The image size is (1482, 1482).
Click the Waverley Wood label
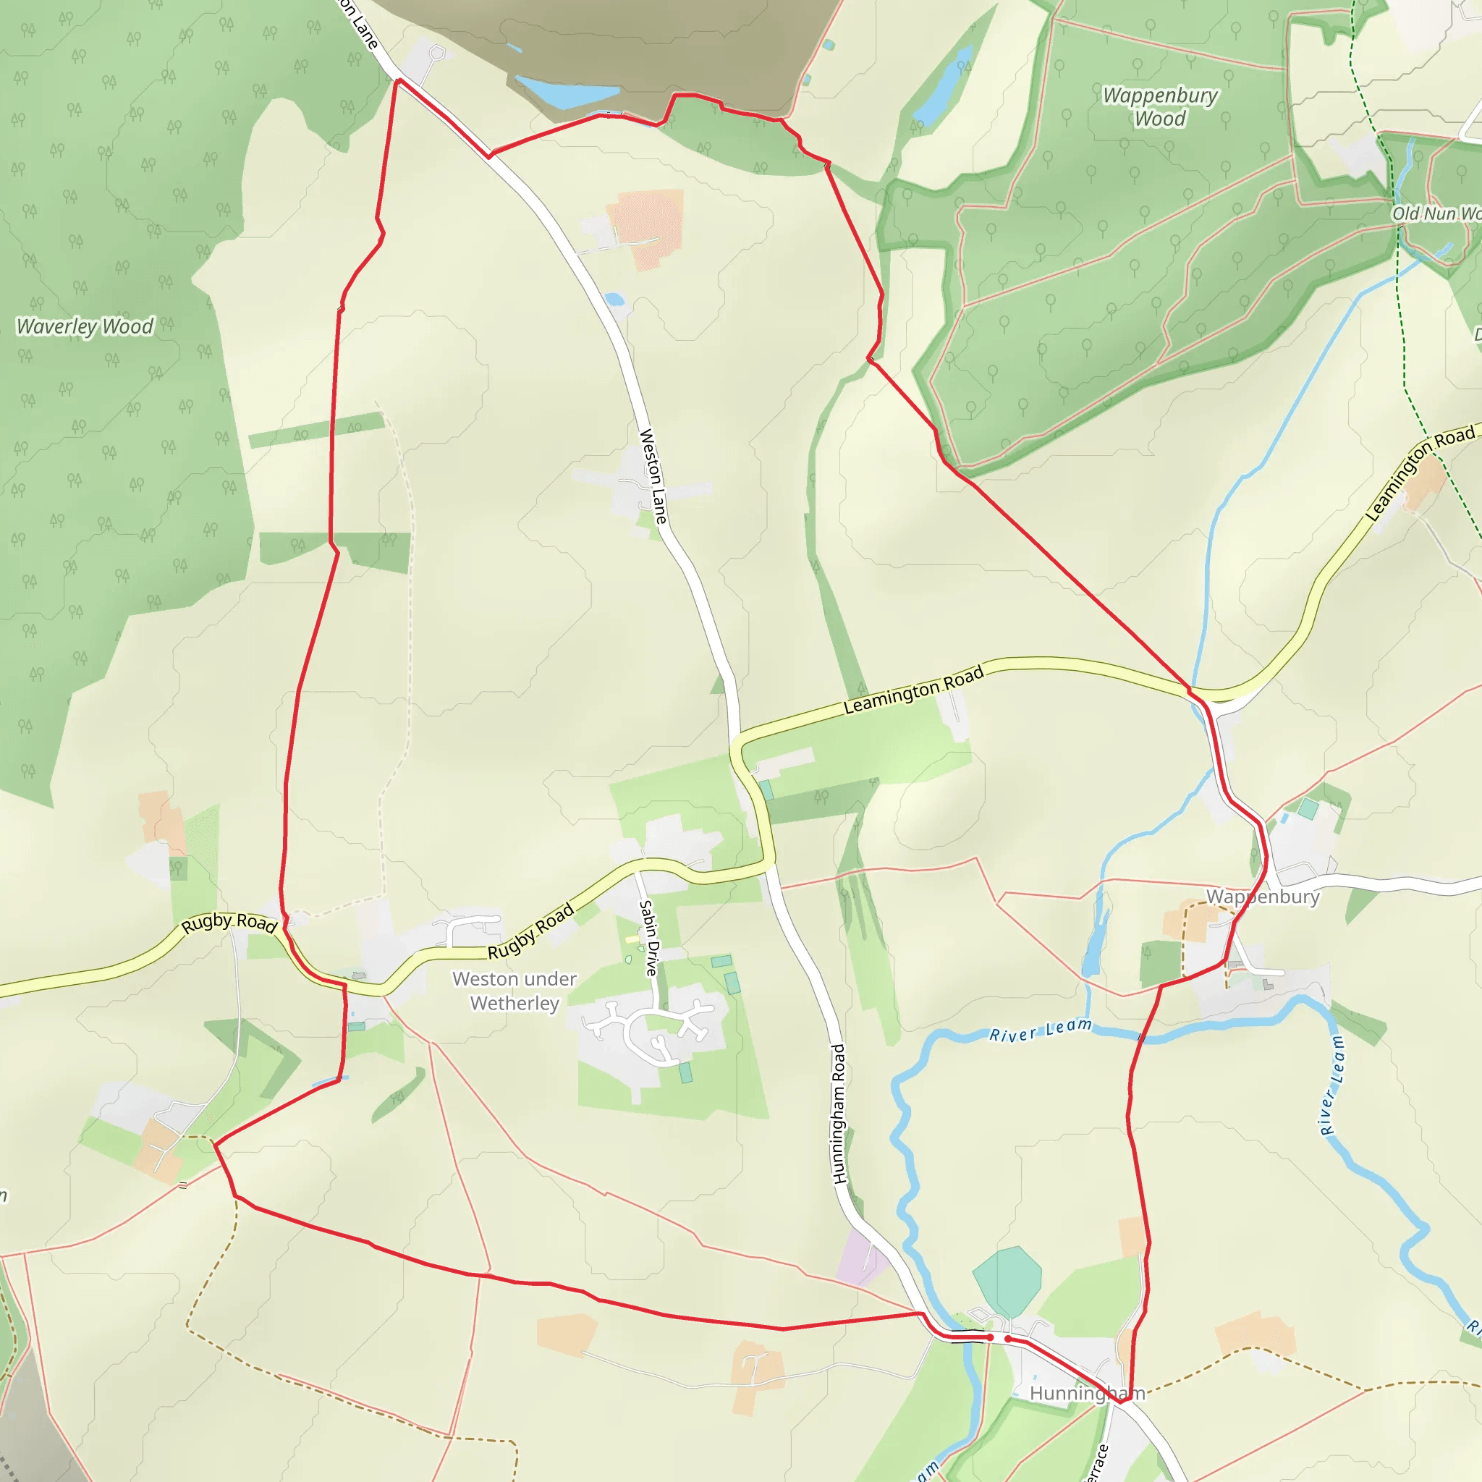[x=85, y=327]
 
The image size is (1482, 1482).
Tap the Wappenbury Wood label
[x=1160, y=106]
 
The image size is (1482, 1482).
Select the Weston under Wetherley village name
[x=514, y=991]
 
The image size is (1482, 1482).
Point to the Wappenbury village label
[x=1263, y=897]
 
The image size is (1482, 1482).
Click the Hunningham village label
[x=1086, y=1393]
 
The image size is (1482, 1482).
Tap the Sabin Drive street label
[x=649, y=938]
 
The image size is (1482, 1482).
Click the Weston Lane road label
[x=653, y=476]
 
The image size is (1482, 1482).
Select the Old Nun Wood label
[x=1434, y=213]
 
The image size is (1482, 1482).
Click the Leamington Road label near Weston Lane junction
[x=913, y=690]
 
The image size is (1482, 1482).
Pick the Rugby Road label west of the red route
[x=229, y=923]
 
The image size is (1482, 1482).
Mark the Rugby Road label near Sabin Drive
[x=531, y=931]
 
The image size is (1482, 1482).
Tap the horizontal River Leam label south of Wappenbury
[x=1040, y=1031]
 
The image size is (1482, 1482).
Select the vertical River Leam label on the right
[x=1331, y=1085]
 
